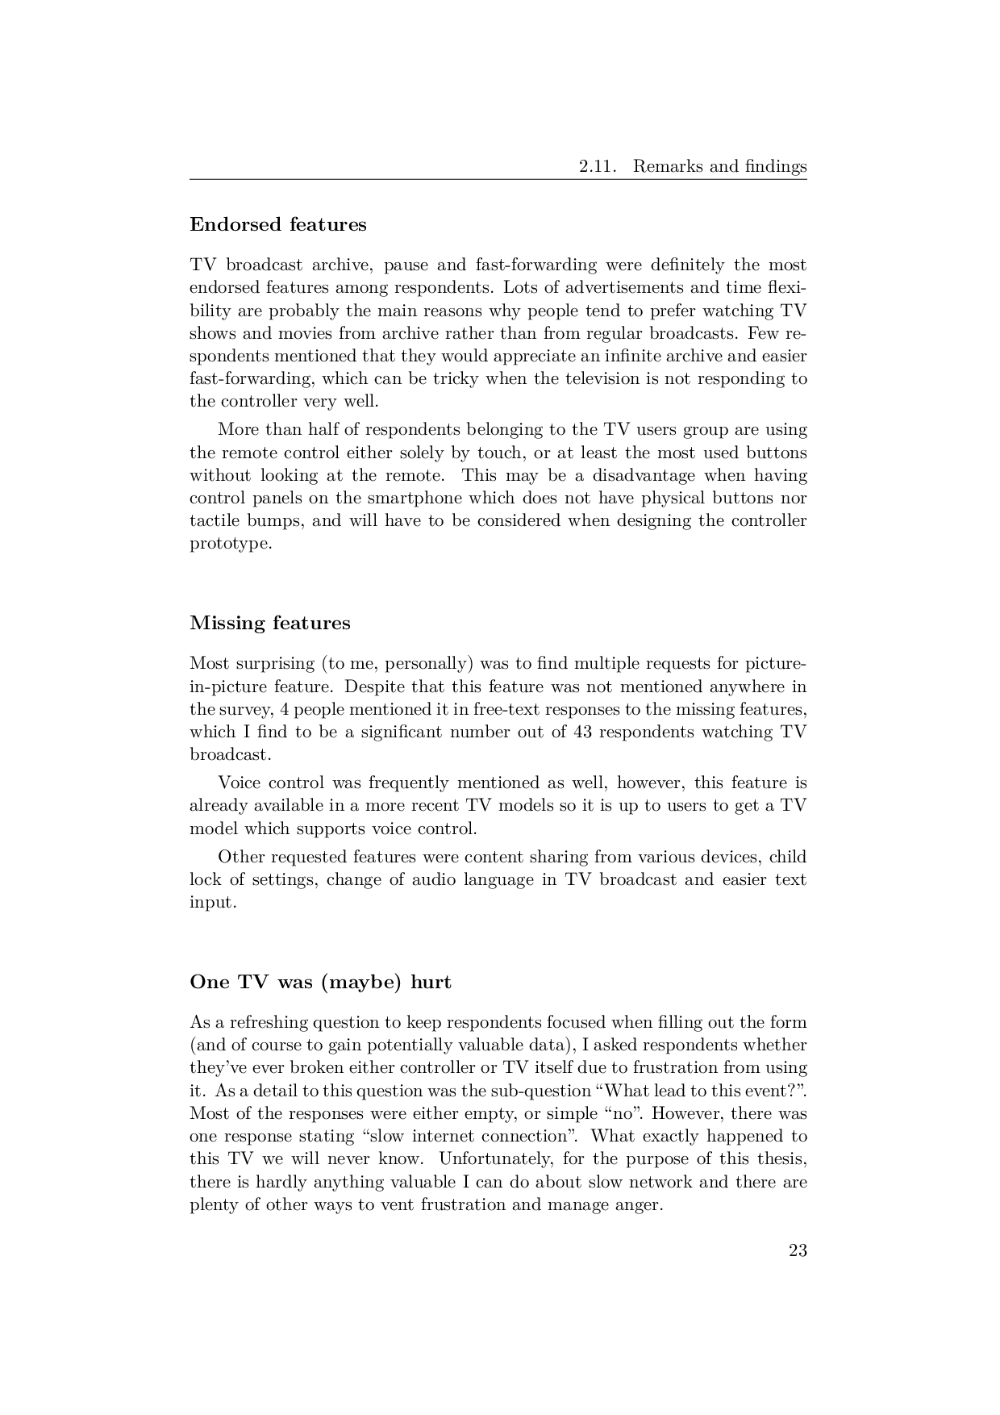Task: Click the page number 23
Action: pyautogui.click(x=798, y=1251)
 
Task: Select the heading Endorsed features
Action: pyautogui.click(x=277, y=224)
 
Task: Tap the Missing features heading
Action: pyautogui.click(x=270, y=623)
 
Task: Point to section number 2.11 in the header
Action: pyautogui.click(x=598, y=167)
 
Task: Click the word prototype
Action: pyautogui.click(x=229, y=543)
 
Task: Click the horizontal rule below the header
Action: pyautogui.click(x=498, y=180)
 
